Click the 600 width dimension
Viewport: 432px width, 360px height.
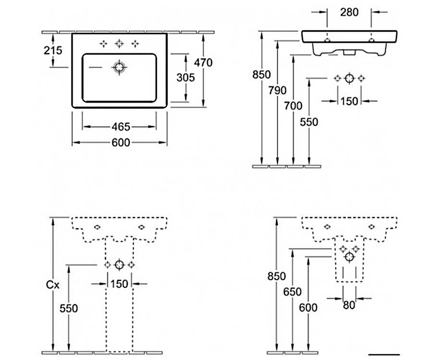pyautogui.click(x=120, y=143)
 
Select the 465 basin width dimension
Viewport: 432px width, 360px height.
pyautogui.click(x=120, y=127)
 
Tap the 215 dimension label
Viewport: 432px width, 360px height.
pyautogui.click(x=52, y=50)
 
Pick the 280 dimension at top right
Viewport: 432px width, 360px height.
pyautogui.click(x=349, y=12)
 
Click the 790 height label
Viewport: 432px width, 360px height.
pyautogui.click(x=277, y=90)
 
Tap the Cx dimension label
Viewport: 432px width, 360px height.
pyautogui.click(x=52, y=285)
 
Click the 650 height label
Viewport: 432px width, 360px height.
pyautogui.click(x=292, y=292)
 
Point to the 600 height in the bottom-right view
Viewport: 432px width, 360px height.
pyautogui.click(x=308, y=307)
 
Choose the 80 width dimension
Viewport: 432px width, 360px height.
pyautogui.click(x=349, y=305)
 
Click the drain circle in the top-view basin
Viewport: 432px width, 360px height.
pyautogui.click(x=119, y=67)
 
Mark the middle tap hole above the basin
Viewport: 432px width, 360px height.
pyautogui.click(x=119, y=44)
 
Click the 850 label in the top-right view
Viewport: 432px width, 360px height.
pyautogui.click(x=262, y=75)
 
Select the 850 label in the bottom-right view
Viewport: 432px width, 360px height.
pyautogui.click(x=277, y=276)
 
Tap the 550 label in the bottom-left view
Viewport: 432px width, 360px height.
pyautogui.click(x=69, y=309)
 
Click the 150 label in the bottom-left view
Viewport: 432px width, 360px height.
pyautogui.click(x=119, y=284)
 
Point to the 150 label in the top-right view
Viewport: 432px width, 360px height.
pyautogui.click(x=349, y=101)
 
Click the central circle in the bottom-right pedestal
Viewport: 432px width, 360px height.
pyautogui.click(x=349, y=257)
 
